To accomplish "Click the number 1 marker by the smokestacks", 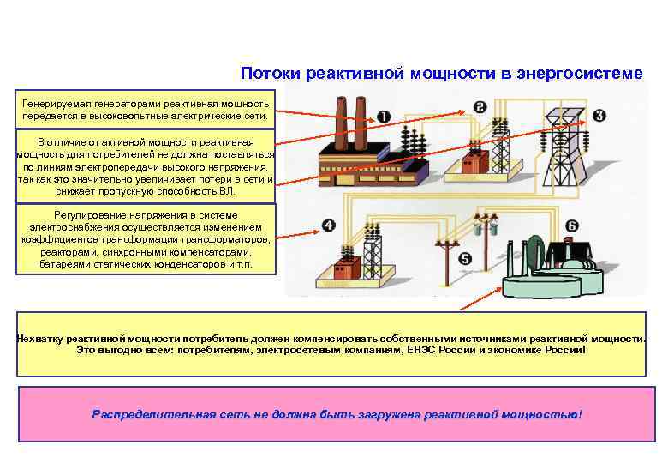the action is pyautogui.click(x=383, y=116).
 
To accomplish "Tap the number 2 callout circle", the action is pyautogui.click(x=480, y=108).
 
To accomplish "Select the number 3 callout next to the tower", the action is pyautogui.click(x=599, y=116).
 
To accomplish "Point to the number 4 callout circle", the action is pyautogui.click(x=329, y=225).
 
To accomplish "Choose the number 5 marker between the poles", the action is pyautogui.click(x=465, y=258).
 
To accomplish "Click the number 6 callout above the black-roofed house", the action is pyautogui.click(x=571, y=226).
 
